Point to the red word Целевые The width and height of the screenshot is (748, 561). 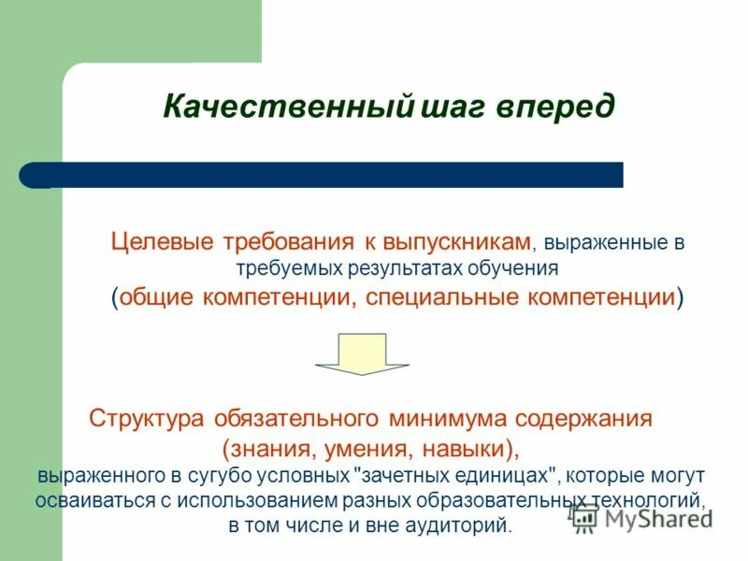163,242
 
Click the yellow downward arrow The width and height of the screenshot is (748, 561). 362,352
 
